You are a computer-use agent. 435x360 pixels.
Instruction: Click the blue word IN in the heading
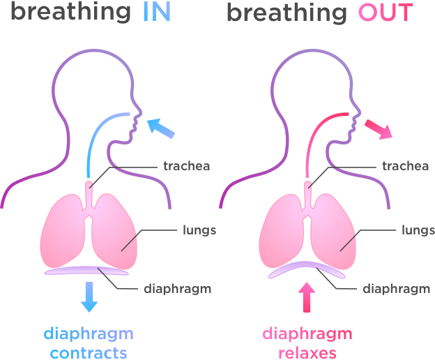[157, 13]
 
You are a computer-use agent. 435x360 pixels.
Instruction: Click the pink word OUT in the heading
[386, 13]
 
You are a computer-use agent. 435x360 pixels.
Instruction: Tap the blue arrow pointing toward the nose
[160, 128]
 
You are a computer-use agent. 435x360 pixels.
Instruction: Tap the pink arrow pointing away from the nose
[379, 129]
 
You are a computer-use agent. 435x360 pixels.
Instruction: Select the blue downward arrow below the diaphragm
[89, 297]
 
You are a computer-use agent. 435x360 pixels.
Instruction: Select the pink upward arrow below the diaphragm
[307, 297]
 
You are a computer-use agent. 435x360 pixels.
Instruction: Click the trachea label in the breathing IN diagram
[186, 166]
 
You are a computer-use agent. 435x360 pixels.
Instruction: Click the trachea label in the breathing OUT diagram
[405, 166]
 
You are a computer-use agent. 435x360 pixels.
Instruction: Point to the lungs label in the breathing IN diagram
[199, 230]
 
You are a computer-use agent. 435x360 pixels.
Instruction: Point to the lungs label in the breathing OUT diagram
[418, 230]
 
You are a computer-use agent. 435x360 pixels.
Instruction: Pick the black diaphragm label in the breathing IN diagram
[178, 289]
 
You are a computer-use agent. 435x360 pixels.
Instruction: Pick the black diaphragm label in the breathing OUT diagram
[397, 289]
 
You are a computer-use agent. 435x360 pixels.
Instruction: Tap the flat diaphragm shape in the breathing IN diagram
[86, 271]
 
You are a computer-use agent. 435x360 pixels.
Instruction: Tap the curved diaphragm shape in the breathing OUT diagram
[307, 265]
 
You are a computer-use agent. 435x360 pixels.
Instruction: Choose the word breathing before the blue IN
[70, 13]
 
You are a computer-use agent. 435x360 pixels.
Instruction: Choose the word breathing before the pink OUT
[287, 13]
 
